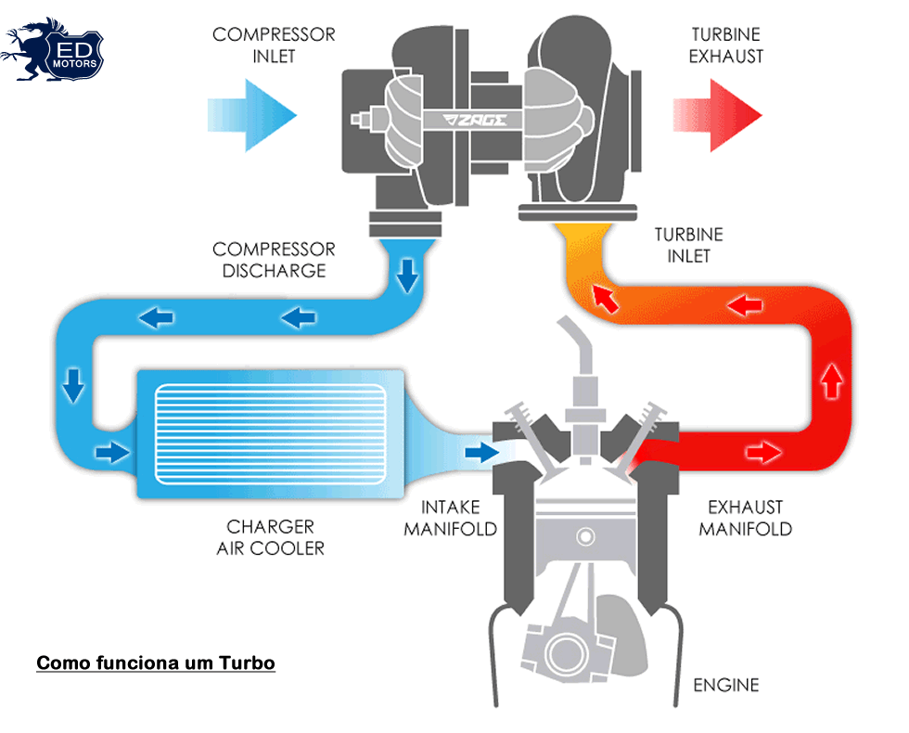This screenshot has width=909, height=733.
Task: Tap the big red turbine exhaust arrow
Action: (718, 114)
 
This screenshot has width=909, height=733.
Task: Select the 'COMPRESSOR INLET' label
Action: (274, 45)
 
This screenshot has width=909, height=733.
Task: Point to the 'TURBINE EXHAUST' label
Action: (727, 45)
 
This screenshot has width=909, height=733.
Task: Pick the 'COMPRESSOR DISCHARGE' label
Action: (274, 260)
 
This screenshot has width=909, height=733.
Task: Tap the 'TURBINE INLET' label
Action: (688, 244)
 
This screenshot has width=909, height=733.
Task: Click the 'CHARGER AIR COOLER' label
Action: (271, 537)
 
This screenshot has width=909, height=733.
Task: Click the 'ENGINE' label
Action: (726, 685)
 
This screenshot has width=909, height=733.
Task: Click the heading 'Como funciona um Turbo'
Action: (156, 663)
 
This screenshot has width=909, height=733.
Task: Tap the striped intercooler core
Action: (269, 431)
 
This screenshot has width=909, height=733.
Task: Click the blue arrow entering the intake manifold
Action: (480, 452)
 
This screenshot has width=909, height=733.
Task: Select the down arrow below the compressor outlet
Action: (406, 274)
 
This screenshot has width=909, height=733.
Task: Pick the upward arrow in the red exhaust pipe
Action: (831, 378)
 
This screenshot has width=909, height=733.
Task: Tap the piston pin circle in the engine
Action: (584, 536)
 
